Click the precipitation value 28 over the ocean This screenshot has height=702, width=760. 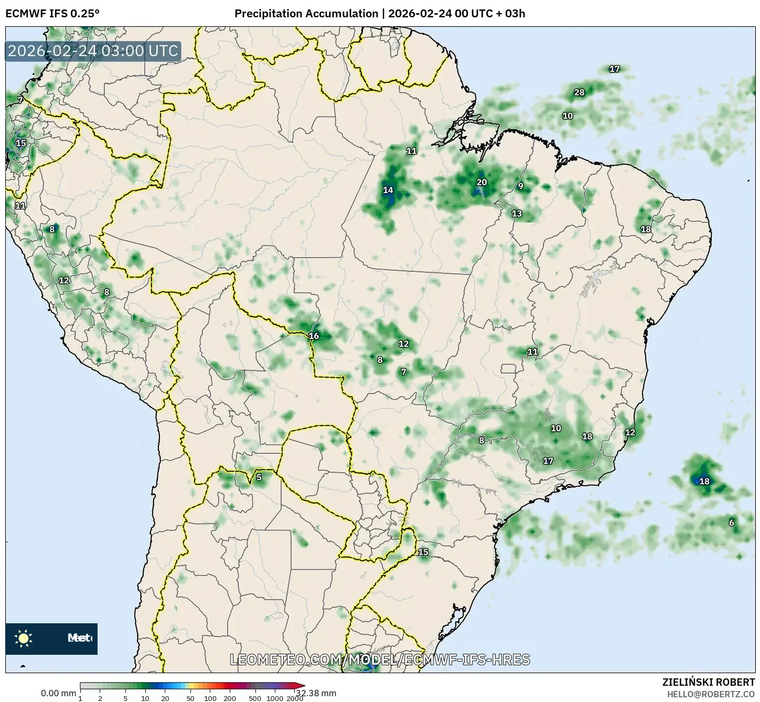(x=579, y=92)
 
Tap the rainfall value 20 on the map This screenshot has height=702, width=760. (x=481, y=183)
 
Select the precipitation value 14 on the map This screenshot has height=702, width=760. (x=388, y=190)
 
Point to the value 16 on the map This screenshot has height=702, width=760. (x=314, y=336)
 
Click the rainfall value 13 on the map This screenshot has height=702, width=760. (x=517, y=213)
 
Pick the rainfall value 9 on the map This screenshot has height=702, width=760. (x=520, y=186)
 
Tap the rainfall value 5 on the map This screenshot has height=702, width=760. (x=259, y=477)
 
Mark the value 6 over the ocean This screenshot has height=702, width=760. (x=732, y=523)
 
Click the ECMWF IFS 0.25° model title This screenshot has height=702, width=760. (x=52, y=13)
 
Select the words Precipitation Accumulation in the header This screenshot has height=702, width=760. (x=306, y=13)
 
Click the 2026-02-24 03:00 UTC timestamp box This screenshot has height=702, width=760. (x=93, y=51)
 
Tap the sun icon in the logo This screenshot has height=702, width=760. (x=24, y=639)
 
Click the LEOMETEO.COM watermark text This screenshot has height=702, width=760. (x=380, y=660)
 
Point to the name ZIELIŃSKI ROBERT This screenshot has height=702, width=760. (x=709, y=682)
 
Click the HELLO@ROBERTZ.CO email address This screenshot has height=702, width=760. (x=711, y=694)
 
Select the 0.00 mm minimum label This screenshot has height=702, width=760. (x=58, y=693)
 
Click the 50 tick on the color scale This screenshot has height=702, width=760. (x=190, y=698)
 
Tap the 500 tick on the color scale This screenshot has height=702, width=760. (x=255, y=698)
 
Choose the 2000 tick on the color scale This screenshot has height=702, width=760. (x=295, y=698)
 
